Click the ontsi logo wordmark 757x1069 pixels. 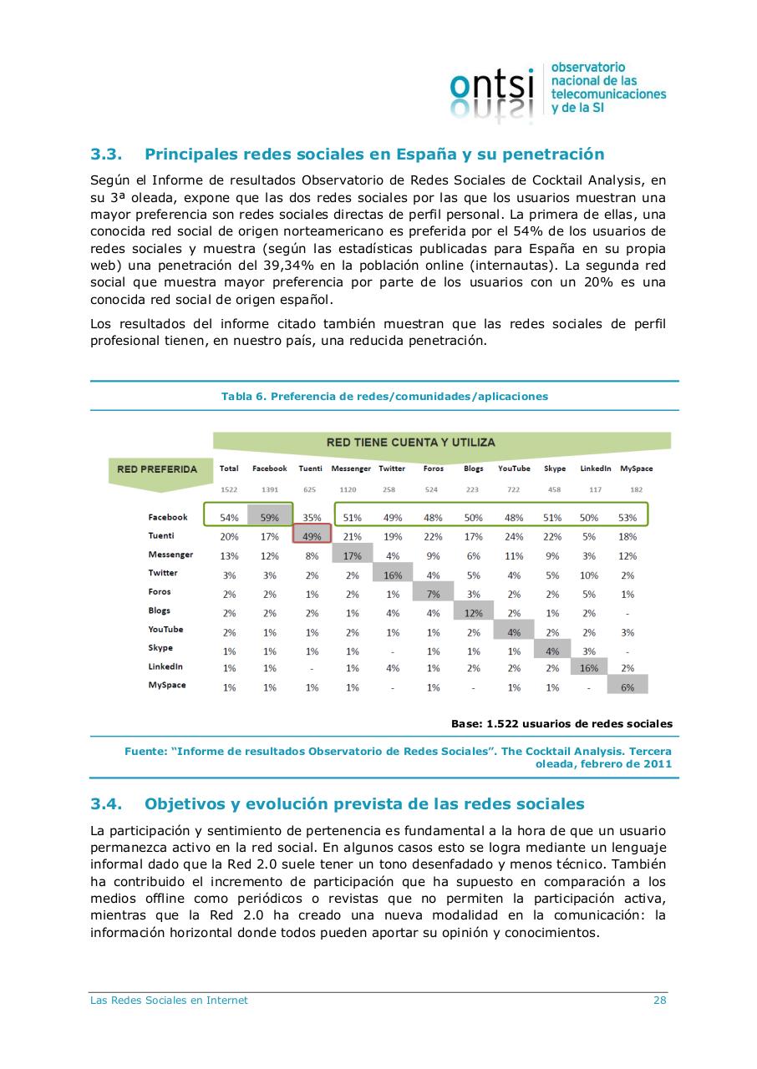[491, 88]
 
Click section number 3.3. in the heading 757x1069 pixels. [106, 154]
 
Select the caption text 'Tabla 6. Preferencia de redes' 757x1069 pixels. [384, 396]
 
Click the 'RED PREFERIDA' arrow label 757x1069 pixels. [157, 469]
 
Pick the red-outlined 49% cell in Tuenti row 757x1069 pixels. [311, 536]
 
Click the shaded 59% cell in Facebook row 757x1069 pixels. [269, 517]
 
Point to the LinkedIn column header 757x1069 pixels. [595, 469]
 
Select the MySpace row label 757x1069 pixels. [167, 686]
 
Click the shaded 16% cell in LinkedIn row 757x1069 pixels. [589, 667]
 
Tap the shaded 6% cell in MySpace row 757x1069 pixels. [627, 686]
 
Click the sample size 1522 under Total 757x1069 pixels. [229, 489]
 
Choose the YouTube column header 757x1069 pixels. [514, 469]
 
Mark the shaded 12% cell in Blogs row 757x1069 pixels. [473, 612]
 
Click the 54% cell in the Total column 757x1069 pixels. [229, 518]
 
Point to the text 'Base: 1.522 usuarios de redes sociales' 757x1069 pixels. [561, 723]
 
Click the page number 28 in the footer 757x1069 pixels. [659, 1000]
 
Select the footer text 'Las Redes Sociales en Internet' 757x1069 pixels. [169, 1000]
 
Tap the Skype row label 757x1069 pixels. [160, 648]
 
